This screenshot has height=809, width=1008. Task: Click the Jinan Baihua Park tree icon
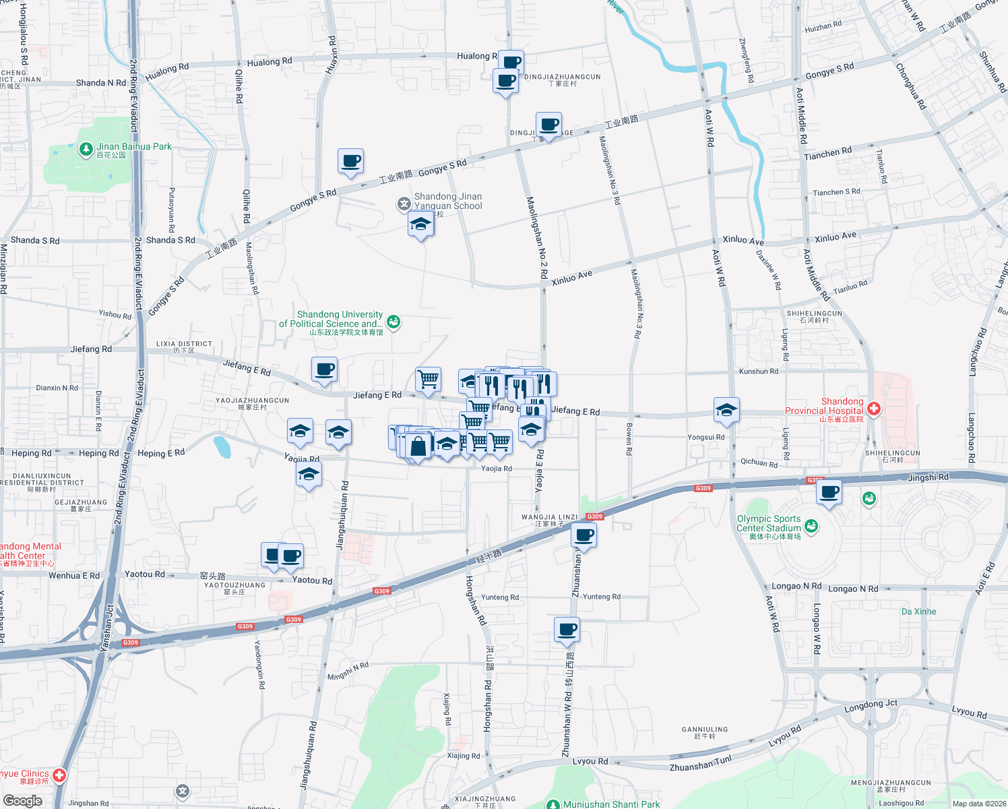click(86, 149)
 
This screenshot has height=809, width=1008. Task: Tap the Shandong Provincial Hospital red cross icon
click(873, 408)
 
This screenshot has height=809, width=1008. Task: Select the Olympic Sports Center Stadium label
click(769, 524)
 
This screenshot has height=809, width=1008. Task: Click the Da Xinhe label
click(918, 611)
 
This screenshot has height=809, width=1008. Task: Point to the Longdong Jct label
click(871, 706)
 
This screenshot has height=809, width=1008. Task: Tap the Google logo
click(22, 801)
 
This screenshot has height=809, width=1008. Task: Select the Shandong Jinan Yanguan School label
click(448, 201)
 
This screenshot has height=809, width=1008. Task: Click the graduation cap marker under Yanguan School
click(420, 224)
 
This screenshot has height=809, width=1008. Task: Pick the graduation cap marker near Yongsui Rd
click(726, 410)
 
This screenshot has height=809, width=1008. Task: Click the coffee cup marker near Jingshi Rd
click(829, 492)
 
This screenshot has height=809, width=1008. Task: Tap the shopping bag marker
click(418, 446)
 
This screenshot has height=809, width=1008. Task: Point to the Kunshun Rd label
click(759, 371)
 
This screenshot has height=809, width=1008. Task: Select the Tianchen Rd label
click(827, 154)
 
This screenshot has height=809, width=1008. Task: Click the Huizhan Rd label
click(823, 27)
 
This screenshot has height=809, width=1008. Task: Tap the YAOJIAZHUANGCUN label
click(252, 400)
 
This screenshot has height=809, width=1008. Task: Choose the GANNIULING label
click(705, 729)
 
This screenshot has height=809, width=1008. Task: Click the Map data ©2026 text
click(979, 803)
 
